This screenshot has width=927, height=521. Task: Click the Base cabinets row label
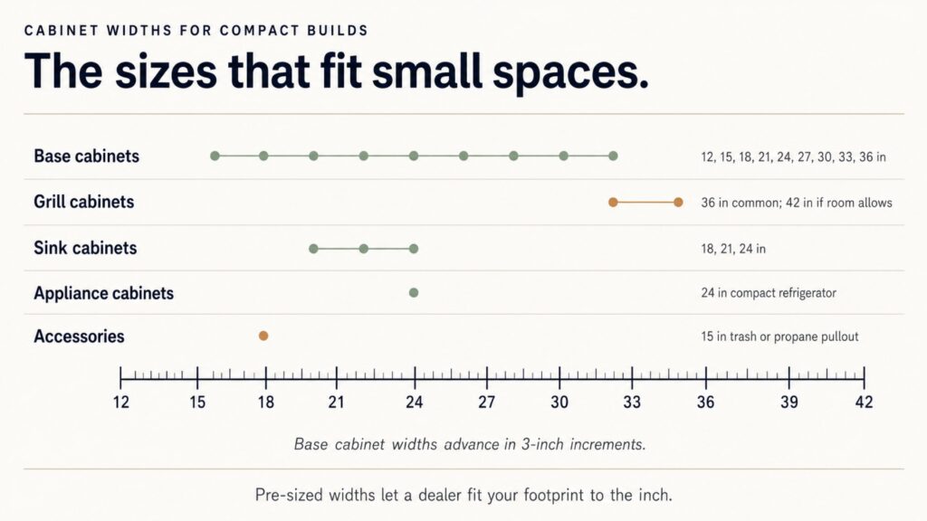[86, 156]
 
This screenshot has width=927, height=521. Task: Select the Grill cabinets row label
[84, 202]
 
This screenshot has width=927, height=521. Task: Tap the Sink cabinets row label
[85, 248]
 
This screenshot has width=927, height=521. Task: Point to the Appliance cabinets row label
[103, 293]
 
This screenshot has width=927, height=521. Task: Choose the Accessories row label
[80, 336]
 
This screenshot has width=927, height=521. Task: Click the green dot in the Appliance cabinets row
[414, 293]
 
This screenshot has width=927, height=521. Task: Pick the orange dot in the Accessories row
[263, 336]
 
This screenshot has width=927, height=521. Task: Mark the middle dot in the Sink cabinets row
[364, 249]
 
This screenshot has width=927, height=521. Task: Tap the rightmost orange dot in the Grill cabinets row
[679, 202]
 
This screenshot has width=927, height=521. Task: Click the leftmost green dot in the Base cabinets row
[215, 156]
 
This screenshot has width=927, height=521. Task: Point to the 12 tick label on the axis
[120, 403]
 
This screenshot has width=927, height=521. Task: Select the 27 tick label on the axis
[486, 403]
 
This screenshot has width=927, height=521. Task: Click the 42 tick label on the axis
[864, 403]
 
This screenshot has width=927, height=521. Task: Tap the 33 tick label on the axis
[632, 403]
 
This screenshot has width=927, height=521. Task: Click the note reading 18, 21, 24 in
[733, 249]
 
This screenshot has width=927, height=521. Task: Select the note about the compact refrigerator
[769, 293]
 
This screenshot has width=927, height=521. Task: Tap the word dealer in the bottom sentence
[440, 495]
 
